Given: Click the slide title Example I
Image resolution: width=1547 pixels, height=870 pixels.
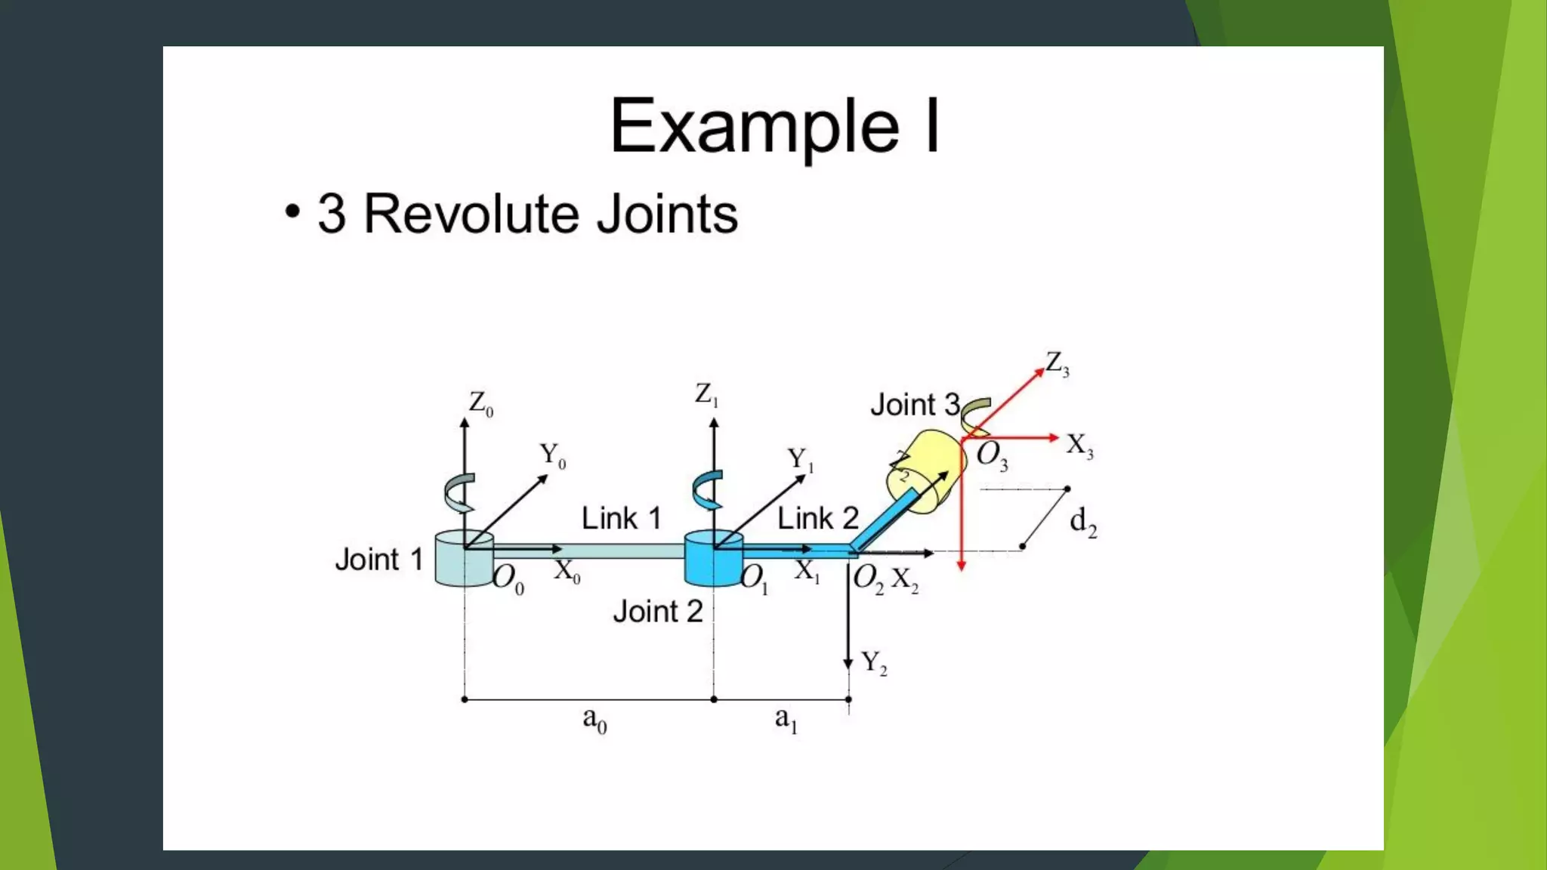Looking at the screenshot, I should (x=775, y=126).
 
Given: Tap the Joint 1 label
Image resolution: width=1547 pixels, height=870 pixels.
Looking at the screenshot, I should (x=378, y=560).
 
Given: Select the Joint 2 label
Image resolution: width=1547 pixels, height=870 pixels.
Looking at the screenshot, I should (x=657, y=611).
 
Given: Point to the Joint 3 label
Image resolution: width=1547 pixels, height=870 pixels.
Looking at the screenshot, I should (x=915, y=405).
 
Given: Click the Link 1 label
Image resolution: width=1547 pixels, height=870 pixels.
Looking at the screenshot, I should (x=621, y=518).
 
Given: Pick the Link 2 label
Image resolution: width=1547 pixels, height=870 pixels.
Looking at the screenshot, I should (x=818, y=518).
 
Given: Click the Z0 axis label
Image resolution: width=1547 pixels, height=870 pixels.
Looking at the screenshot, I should (x=480, y=403).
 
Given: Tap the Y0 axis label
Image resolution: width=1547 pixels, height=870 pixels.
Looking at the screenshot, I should (x=552, y=455).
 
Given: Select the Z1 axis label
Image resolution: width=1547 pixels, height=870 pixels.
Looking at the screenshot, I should (x=706, y=394).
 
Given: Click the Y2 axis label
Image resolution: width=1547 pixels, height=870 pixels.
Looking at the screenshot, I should (x=874, y=663).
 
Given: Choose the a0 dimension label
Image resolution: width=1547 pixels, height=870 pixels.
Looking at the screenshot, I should (x=594, y=720).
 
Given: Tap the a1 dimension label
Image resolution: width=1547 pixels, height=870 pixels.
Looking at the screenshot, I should (x=786, y=719).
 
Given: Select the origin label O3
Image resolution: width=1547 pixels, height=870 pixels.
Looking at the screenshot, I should (x=992, y=455).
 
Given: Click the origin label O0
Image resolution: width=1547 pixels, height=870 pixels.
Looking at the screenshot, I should (x=508, y=579).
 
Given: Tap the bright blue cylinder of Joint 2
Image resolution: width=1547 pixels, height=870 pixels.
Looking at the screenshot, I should (x=712, y=563).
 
